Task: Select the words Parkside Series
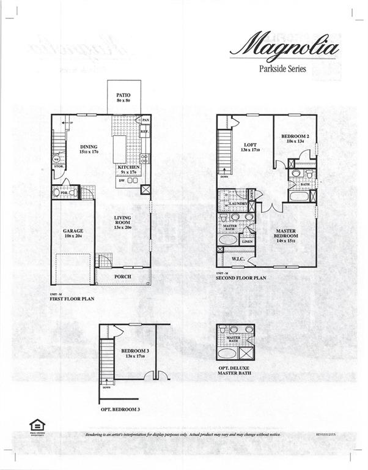pos(283,69)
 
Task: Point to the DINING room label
pos(89,147)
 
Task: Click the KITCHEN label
pos(129,167)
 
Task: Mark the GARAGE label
pos(72,231)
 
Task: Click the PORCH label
pos(123,277)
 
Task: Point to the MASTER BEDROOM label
pos(285,233)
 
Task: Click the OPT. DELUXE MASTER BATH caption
pos(235,370)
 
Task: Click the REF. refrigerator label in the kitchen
pos(145,132)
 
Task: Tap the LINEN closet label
pos(247,242)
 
